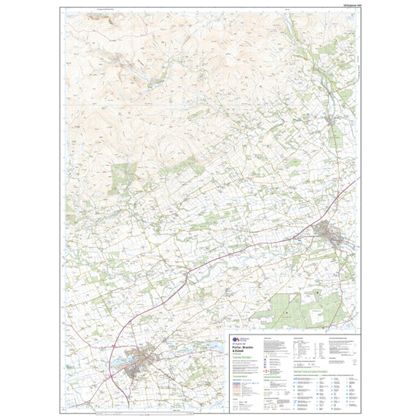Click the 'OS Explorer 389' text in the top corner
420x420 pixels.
tap(343, 5)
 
